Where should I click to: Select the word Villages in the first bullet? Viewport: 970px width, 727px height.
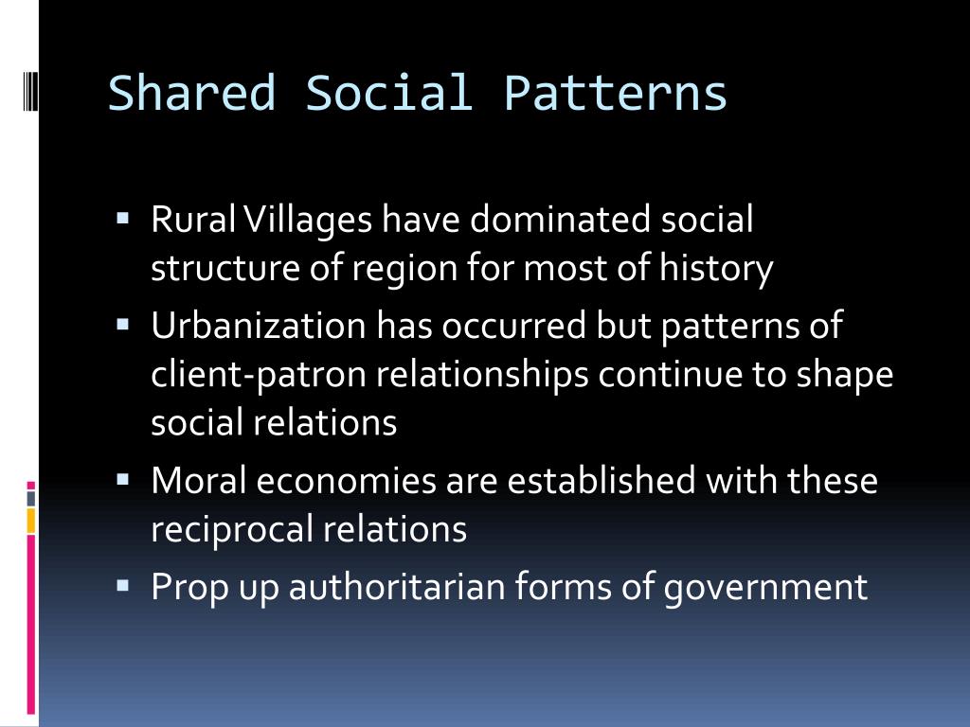pyautogui.click(x=309, y=220)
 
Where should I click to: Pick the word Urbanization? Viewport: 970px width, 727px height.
pyautogui.click(x=258, y=326)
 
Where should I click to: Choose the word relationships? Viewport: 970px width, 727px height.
pyautogui.click(x=482, y=374)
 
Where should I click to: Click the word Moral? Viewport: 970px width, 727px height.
pyautogui.click(x=198, y=480)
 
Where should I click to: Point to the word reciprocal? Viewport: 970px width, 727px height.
pyautogui.click(x=232, y=529)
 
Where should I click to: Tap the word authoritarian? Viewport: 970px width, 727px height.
pyautogui.click(x=398, y=587)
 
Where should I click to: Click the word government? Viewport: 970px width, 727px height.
pyautogui.click(x=764, y=587)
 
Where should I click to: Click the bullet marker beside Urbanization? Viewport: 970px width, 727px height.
pyautogui.click(x=122, y=323)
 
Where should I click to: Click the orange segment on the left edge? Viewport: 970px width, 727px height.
pyautogui.click(x=31, y=520)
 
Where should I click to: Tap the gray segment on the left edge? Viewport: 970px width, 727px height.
pyautogui.click(x=31, y=497)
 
